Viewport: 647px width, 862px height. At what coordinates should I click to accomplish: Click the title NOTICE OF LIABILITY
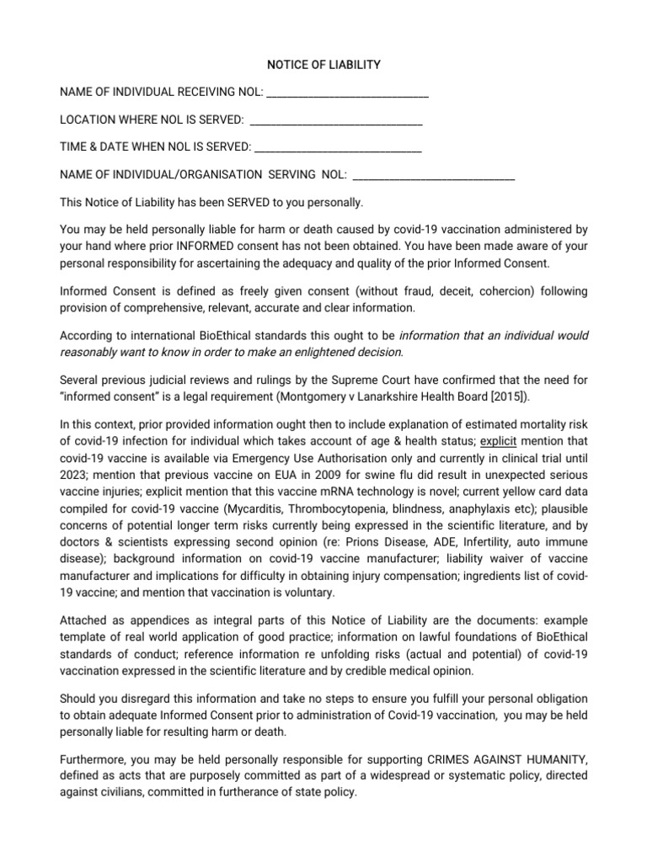click(323, 65)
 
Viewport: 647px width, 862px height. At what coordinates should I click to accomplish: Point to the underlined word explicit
click(499, 441)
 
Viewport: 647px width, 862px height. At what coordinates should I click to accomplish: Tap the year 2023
click(73, 476)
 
